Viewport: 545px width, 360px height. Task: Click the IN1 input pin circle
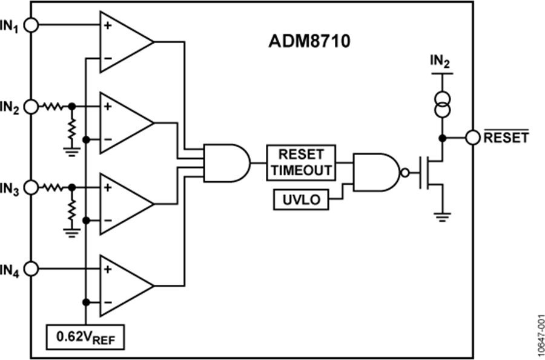tap(31, 25)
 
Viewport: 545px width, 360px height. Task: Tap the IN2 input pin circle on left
tap(31, 107)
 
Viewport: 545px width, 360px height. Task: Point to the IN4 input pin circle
tap(31, 268)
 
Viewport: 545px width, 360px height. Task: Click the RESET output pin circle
tap(472, 138)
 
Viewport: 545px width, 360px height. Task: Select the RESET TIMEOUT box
tap(300, 162)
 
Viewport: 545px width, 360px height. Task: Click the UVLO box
tap(301, 199)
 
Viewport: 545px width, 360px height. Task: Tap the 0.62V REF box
tap(85, 337)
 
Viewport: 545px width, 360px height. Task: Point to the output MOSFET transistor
tap(432, 172)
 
